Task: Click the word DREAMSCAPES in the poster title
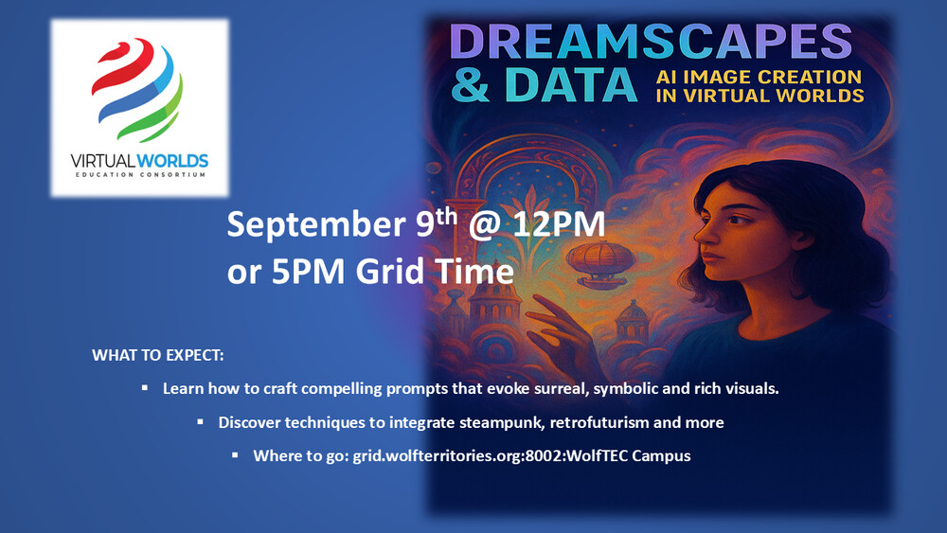651,43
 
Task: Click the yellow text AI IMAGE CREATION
759,77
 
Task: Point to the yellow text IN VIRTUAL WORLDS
759,96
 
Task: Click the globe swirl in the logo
137,89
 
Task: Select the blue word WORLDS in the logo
172,161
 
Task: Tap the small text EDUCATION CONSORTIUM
140,175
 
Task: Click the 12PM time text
559,224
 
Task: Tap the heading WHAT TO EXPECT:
157,356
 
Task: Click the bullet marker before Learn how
145,387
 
